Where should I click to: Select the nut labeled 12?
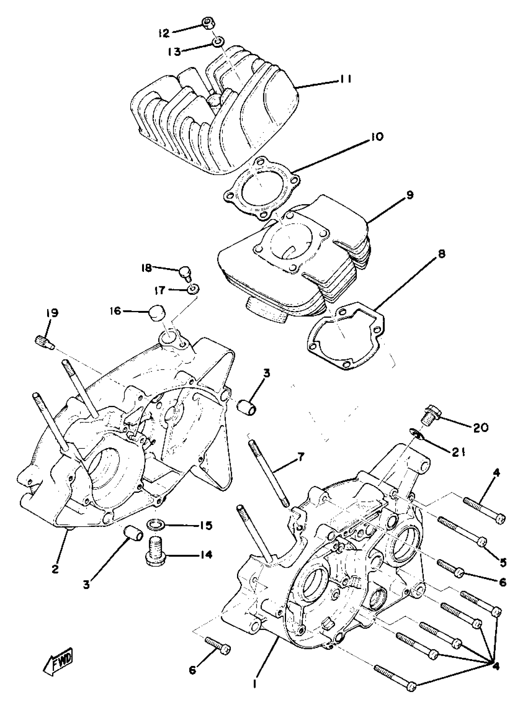[208, 23]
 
